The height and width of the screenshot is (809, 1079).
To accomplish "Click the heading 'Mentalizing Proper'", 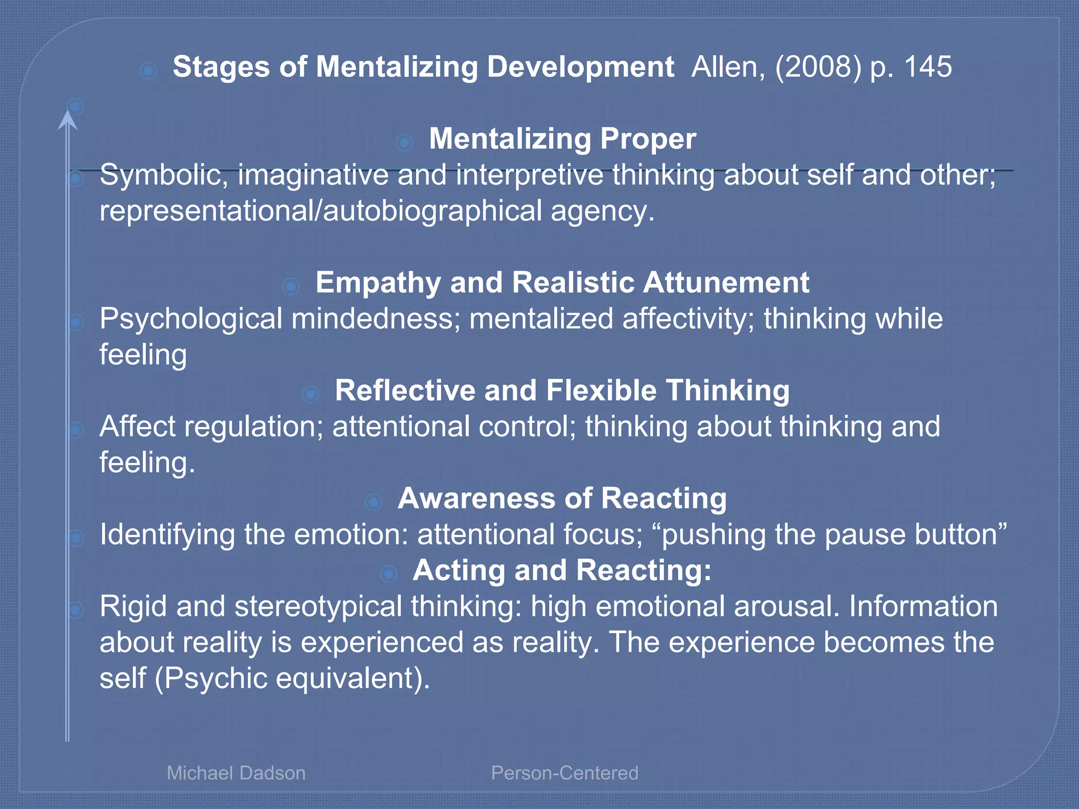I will pos(562,139).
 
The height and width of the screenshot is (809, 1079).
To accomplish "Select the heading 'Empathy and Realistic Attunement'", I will pos(562,283).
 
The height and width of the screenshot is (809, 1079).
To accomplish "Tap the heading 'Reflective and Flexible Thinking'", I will pos(562,391).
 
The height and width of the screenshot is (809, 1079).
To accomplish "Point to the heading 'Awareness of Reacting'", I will pos(562,498).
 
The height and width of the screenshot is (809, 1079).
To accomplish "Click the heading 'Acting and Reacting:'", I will pos(562,570).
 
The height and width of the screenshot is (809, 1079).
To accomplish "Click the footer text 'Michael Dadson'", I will pos(236,773).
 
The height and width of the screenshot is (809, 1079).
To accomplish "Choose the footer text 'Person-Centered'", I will pos(564,773).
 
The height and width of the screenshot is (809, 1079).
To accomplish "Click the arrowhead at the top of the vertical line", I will pos(67,120).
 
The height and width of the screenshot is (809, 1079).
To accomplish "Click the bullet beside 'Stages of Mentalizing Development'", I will pos(149,70).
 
